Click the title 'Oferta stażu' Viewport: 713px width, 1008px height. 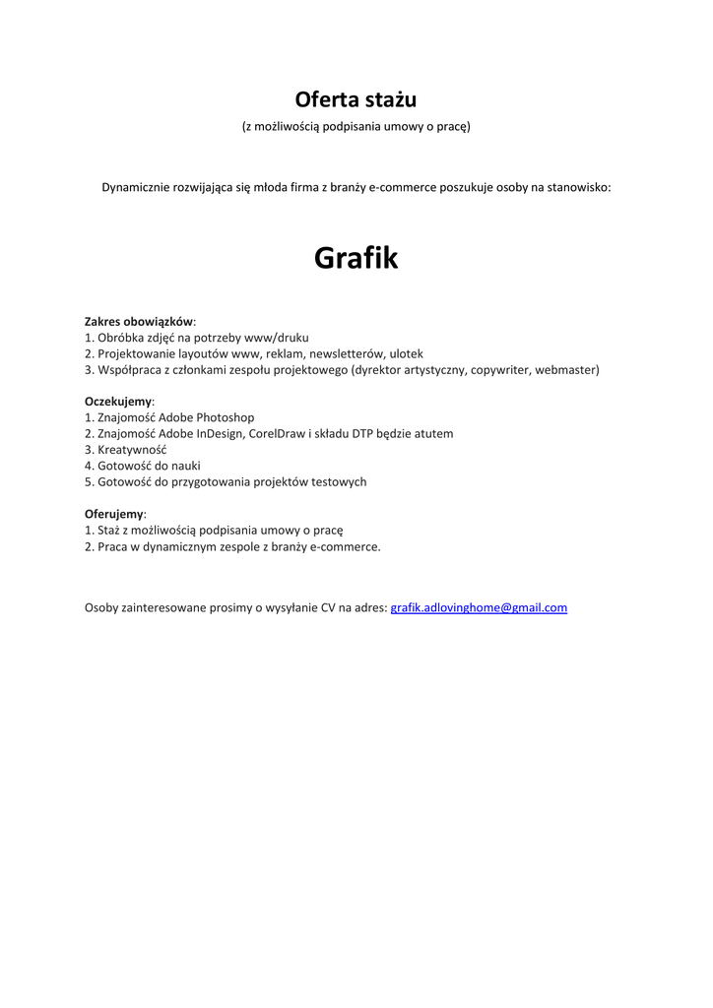coord(356,99)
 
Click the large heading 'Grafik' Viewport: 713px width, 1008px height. coord(356,258)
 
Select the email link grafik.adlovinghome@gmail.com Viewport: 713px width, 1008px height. coord(479,607)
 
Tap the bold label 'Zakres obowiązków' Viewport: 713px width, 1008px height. coord(139,321)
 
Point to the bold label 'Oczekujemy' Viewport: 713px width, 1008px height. coord(118,402)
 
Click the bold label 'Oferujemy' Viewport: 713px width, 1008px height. coord(114,514)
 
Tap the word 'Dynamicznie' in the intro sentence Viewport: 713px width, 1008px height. coord(136,187)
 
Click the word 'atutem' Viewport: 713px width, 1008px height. coord(433,433)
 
